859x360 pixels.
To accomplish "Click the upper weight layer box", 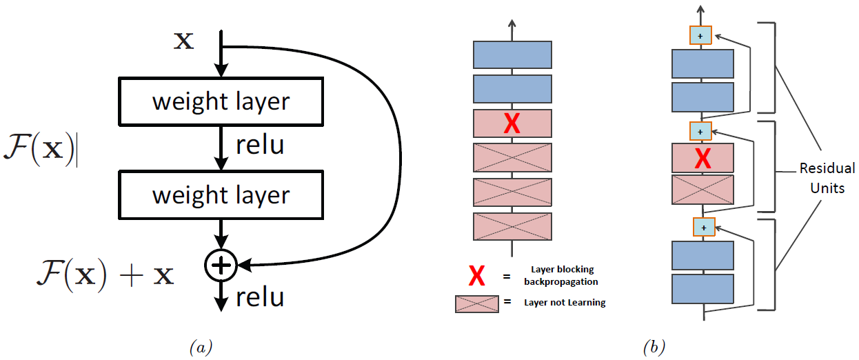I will tap(221, 101).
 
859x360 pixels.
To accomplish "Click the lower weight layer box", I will tap(221, 195).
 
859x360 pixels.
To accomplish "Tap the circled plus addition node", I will tap(221, 264).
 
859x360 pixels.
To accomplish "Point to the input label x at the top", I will tap(183, 41).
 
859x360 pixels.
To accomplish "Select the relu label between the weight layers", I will tap(259, 146).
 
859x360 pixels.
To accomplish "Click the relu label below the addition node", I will tap(260, 297).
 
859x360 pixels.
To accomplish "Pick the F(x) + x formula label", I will tap(105, 274).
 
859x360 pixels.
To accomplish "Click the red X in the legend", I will tap(476, 277).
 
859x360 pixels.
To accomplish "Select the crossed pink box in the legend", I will tap(476, 303).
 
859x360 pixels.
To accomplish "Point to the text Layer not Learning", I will tap(565, 303).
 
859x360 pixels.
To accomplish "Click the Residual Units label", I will tap(827, 177).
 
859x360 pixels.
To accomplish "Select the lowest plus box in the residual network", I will tap(703, 226).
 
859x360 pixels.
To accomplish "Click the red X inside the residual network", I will tap(703, 158).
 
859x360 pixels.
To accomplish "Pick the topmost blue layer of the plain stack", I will tap(512, 55).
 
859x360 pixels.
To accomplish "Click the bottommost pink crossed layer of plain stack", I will tap(512, 226).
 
